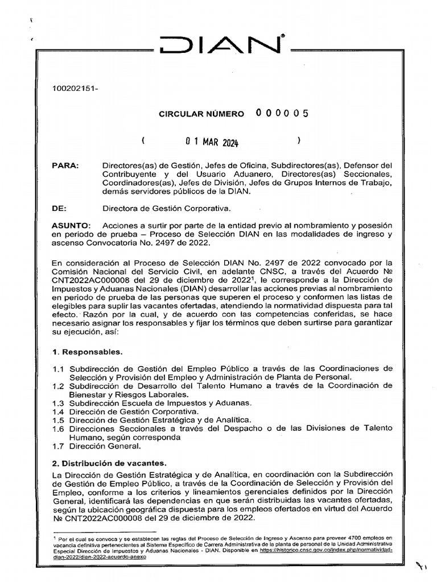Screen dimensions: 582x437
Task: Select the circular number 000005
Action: pos(282,113)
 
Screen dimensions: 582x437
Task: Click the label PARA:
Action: pos(64,165)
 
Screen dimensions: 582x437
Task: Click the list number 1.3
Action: pos(57,402)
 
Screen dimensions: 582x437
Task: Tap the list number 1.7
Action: pos(57,446)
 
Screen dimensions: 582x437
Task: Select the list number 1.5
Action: pos(57,419)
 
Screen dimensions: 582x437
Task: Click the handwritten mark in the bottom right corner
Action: pos(420,566)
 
